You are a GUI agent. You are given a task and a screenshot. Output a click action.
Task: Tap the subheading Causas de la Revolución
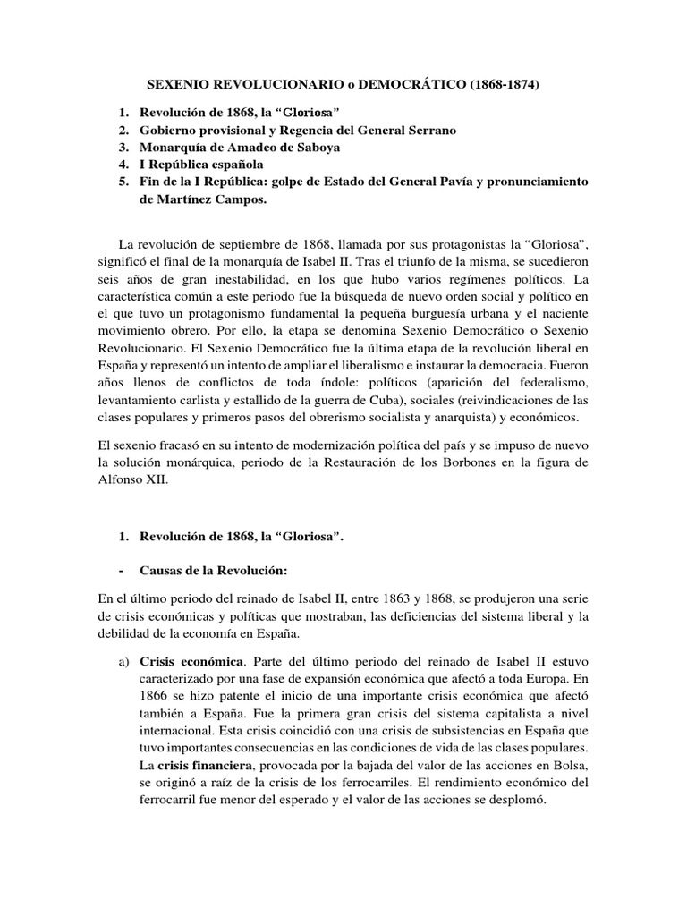click(216, 570)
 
